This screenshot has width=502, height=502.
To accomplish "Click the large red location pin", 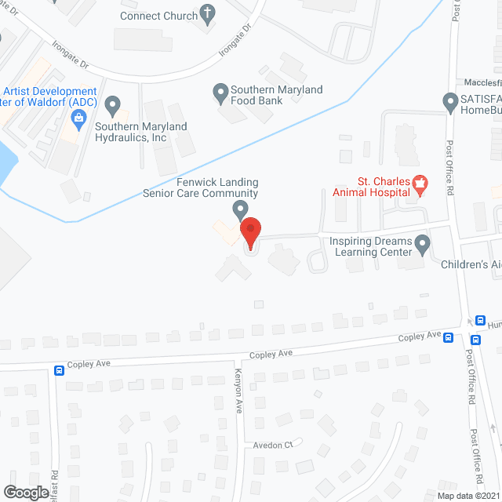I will [249, 231].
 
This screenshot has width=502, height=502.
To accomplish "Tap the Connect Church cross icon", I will [207, 13].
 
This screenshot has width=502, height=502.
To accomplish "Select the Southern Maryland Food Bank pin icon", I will [220, 94].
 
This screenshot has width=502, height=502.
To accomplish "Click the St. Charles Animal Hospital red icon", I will [420, 185].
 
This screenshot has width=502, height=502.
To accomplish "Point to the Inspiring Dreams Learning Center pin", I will [423, 246].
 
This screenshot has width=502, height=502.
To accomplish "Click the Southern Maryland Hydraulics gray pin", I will [113, 104].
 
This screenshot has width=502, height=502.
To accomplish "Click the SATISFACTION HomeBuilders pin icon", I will [450, 102].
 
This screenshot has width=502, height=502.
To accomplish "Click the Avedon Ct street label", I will [272, 444].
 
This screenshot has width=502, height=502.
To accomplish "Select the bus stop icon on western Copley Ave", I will [59, 370].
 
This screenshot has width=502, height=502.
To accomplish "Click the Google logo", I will [25, 491].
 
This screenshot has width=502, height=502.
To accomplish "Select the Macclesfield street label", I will [480, 82].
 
